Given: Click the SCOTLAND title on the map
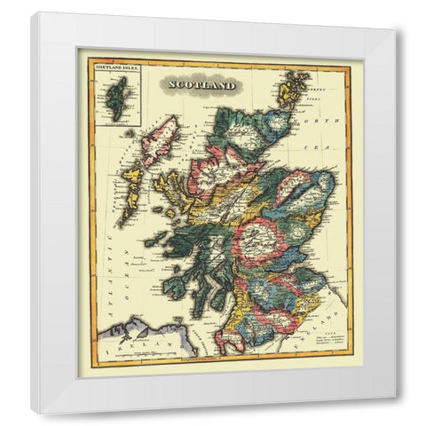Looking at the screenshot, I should point(197,85).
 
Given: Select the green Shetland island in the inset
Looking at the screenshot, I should point(115,91).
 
